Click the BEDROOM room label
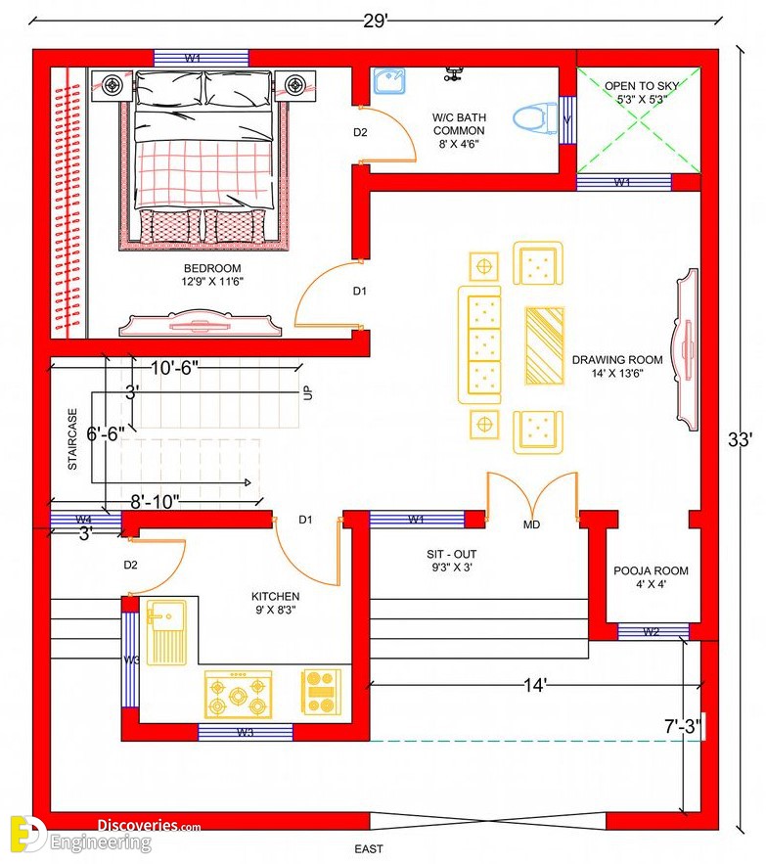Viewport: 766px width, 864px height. pyautogui.click(x=212, y=268)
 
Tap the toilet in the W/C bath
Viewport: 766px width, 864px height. pyautogui.click(x=535, y=118)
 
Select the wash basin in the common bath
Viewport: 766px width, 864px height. pyautogui.click(x=389, y=81)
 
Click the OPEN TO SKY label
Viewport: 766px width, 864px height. pyautogui.click(x=642, y=86)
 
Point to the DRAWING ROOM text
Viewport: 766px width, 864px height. pyautogui.click(x=617, y=360)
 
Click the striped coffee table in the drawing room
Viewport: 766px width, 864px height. pyautogui.click(x=545, y=345)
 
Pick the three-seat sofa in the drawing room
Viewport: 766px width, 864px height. pyautogui.click(x=480, y=345)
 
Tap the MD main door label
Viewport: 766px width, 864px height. pyautogui.click(x=531, y=524)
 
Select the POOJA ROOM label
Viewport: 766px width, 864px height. pyautogui.click(x=651, y=570)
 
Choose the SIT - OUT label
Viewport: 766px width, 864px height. pyautogui.click(x=451, y=555)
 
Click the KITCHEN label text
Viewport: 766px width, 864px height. pyautogui.click(x=276, y=596)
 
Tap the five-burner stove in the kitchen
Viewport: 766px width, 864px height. pyautogui.click(x=238, y=695)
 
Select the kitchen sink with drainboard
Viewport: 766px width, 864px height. pyautogui.click(x=166, y=632)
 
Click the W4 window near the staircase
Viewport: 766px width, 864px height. pyautogui.click(x=86, y=520)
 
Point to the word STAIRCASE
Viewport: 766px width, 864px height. pyautogui.click(x=72, y=439)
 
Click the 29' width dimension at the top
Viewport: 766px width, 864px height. pyautogui.click(x=376, y=21)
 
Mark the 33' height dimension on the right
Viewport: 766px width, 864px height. pyautogui.click(x=741, y=439)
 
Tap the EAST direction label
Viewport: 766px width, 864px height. pyautogui.click(x=369, y=849)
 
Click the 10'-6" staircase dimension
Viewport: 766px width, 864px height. pyautogui.click(x=174, y=368)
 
